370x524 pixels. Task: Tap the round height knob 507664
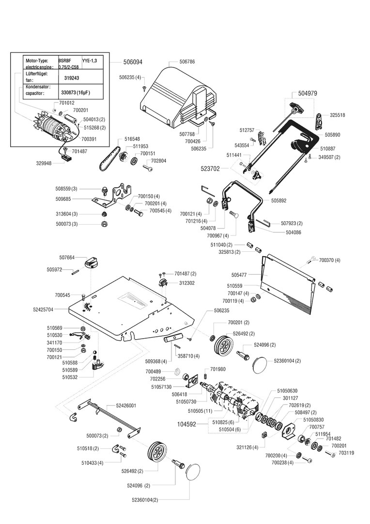coord(92,263)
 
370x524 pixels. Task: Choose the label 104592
coord(187,424)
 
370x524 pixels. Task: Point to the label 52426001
coord(126,405)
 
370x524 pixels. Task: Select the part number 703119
coord(347,453)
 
